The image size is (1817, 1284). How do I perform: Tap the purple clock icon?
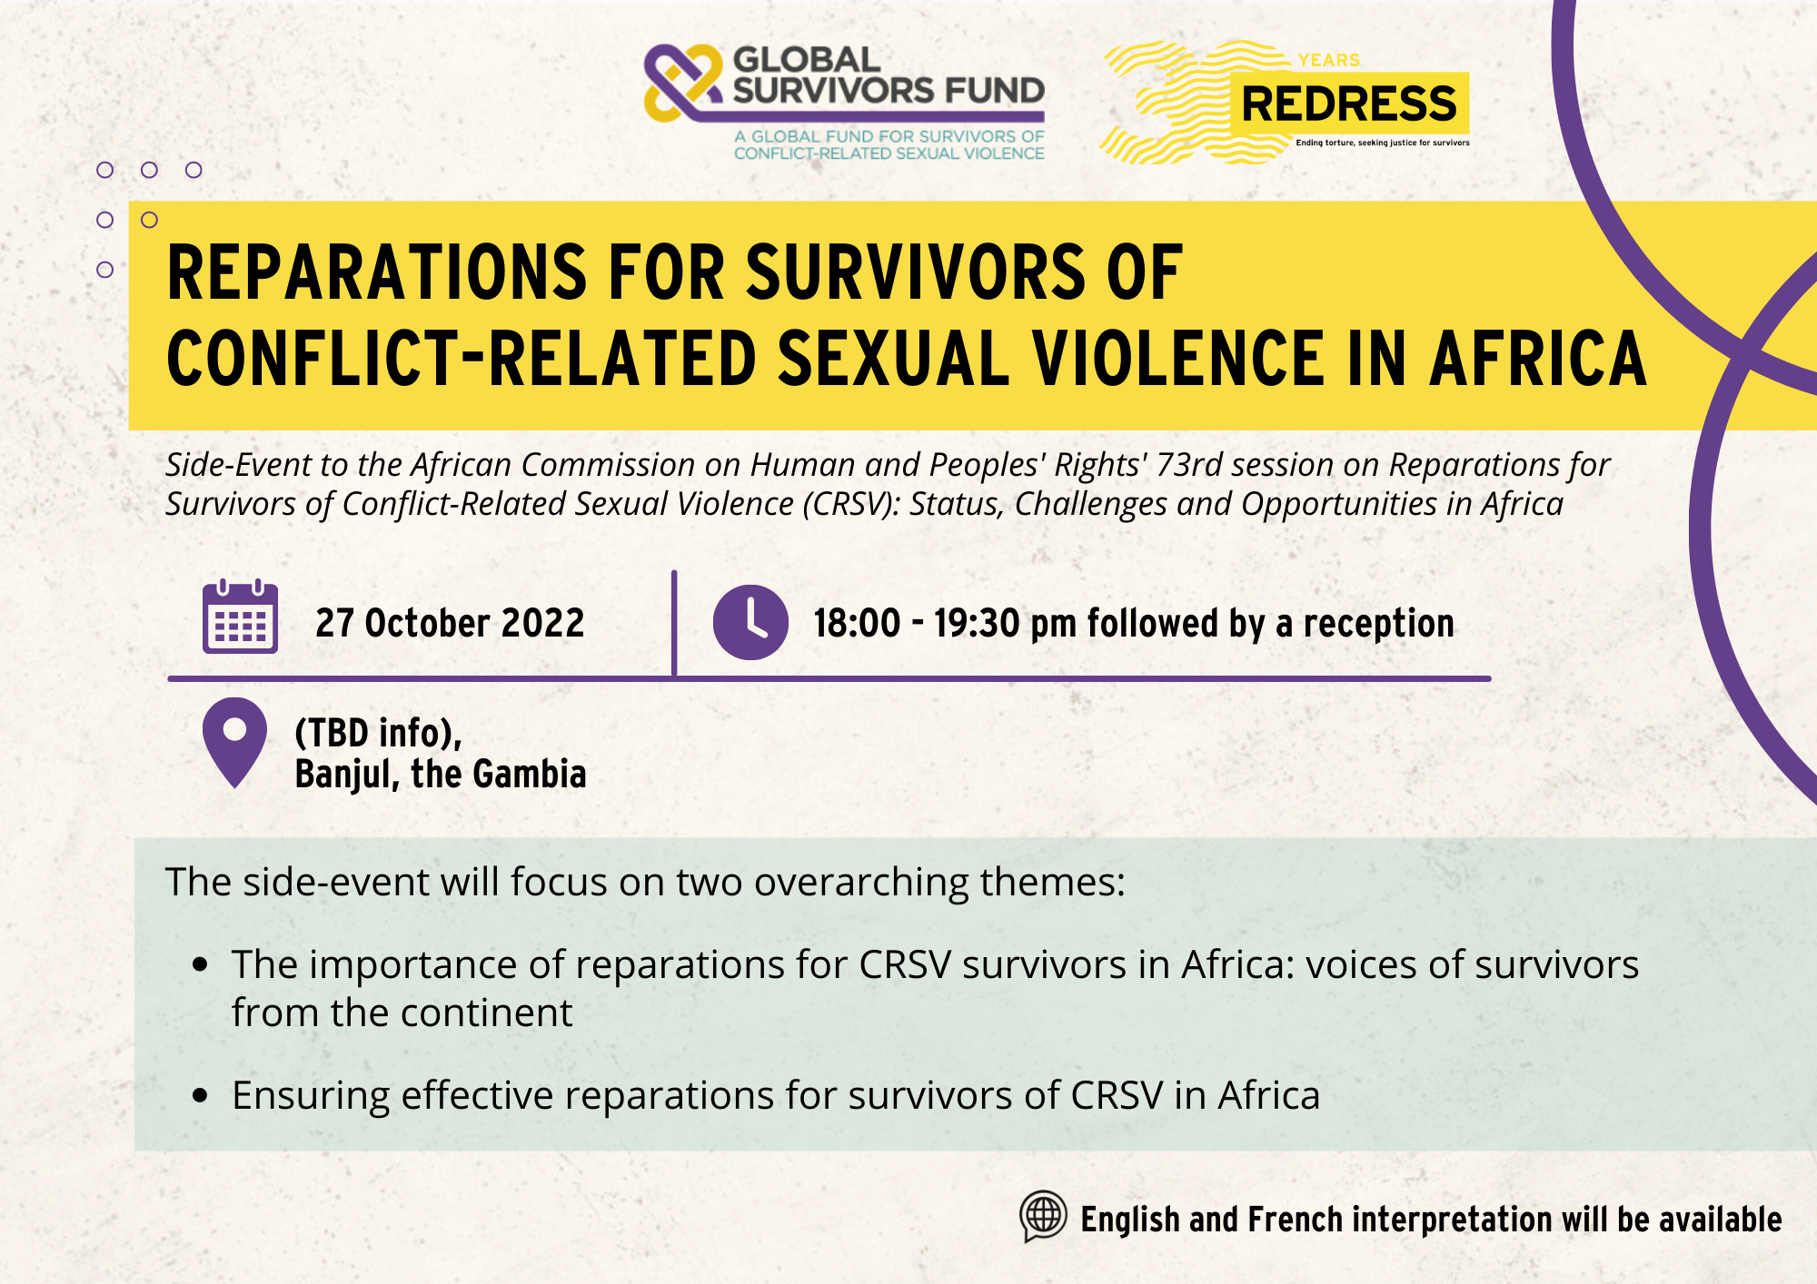750,622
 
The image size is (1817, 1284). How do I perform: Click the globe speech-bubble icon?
1043,1215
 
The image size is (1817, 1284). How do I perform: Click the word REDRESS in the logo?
1348,104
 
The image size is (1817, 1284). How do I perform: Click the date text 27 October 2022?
450,623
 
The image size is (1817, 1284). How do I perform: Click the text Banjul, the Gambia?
441,775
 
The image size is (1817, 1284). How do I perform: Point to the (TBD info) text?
378,733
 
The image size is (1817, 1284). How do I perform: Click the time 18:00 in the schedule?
856,624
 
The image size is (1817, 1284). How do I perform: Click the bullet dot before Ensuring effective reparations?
201,1096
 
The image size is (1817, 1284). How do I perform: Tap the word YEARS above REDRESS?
1328,61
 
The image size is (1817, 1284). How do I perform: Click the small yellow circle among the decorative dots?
150,220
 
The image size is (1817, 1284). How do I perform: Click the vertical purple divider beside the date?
674,623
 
